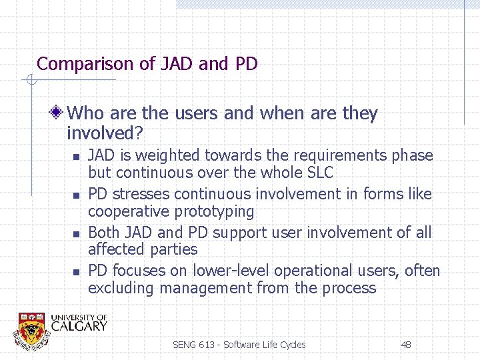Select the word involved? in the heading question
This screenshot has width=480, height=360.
point(105,133)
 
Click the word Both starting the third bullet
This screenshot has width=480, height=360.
point(103,233)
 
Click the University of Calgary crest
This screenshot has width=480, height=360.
point(32,328)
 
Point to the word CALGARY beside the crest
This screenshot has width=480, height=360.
point(79,326)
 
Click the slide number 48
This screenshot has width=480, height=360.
point(405,345)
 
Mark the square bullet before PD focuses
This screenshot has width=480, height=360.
point(76,272)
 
